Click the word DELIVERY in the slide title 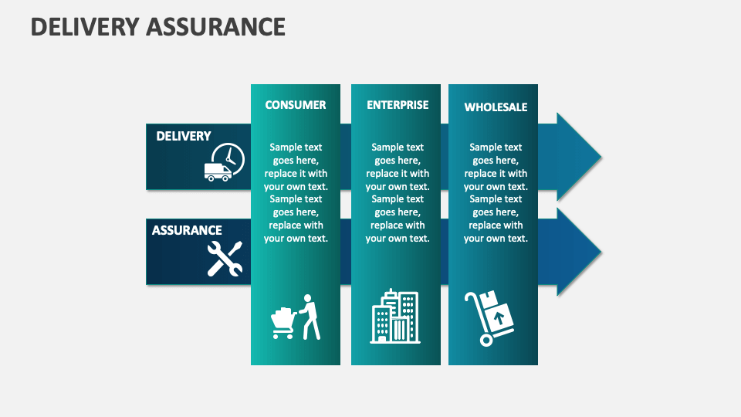click(83, 26)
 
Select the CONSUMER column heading click(296, 105)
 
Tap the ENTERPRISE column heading click(398, 105)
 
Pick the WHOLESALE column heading click(496, 107)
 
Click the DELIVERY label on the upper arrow click(184, 136)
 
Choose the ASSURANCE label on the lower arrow click(187, 230)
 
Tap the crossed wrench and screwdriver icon click(225, 259)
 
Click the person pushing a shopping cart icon click(296, 317)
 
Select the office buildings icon click(395, 316)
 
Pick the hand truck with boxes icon click(489, 317)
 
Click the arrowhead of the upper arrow click(578, 157)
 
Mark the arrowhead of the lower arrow click(578, 251)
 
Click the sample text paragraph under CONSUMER click(296, 192)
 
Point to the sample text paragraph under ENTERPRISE click(398, 192)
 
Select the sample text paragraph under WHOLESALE click(496, 192)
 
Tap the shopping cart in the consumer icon click(283, 324)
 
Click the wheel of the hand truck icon click(486, 340)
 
